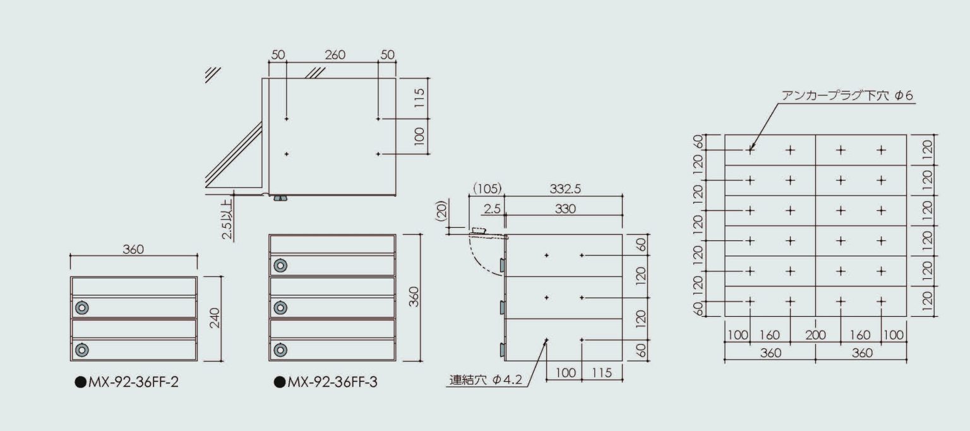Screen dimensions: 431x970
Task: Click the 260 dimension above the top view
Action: pyautogui.click(x=335, y=55)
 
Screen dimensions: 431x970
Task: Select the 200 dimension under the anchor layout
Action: pyautogui.click(x=815, y=335)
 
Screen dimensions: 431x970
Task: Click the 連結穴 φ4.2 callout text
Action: pyautogui.click(x=486, y=380)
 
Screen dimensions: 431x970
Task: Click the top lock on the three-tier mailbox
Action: pyautogui.click(x=280, y=266)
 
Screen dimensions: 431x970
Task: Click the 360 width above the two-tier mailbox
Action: pyautogui.click(x=133, y=249)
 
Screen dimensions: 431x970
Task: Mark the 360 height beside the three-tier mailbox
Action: pyautogui.click(x=414, y=297)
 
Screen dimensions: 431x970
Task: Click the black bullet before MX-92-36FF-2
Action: pyautogui.click(x=80, y=382)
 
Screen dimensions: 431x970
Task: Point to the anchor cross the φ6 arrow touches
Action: pyautogui.click(x=750, y=150)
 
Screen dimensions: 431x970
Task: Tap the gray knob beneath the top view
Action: pyautogui.click(x=280, y=199)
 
